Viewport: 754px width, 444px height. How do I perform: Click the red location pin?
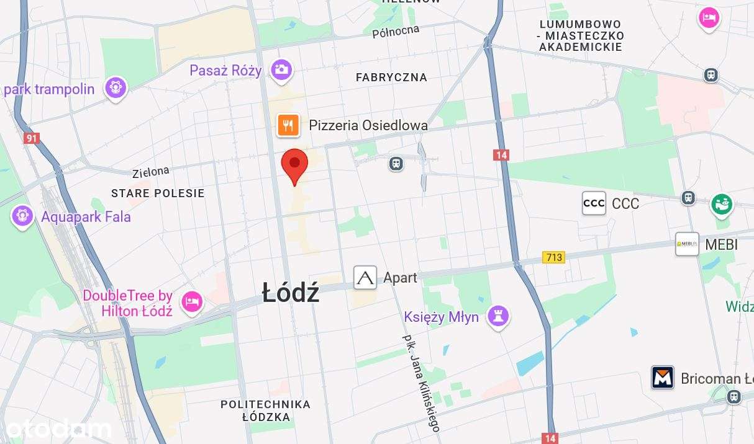pos(294,165)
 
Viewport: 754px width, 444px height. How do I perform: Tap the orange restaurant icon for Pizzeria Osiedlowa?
pos(288,125)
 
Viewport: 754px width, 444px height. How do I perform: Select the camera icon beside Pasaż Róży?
pos(281,69)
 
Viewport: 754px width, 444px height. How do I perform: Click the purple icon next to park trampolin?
pos(116,88)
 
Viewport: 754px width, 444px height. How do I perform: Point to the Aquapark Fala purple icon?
pos(22,216)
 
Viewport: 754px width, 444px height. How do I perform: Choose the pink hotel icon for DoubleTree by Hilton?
pos(192,303)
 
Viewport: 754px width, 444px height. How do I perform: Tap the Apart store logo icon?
pos(365,277)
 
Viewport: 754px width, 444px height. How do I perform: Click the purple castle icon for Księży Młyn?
pos(497,316)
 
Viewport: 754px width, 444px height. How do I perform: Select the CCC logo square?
pos(594,203)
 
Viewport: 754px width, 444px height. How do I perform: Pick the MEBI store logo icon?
pos(687,244)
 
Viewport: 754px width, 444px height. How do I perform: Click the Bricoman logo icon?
pos(663,378)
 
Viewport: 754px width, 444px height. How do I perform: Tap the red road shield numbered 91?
pos(31,138)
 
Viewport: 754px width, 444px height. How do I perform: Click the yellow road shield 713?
pos(553,257)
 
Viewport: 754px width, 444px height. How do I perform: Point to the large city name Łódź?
pos(290,293)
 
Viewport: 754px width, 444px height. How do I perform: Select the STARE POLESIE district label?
pos(158,193)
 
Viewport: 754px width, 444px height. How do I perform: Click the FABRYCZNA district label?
pos(391,78)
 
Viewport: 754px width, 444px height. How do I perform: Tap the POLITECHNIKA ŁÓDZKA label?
pos(265,411)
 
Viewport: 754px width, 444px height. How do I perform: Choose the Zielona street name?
pos(151,171)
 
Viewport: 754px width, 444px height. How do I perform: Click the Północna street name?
pos(396,31)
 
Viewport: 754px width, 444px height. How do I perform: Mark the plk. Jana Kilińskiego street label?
pos(422,383)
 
